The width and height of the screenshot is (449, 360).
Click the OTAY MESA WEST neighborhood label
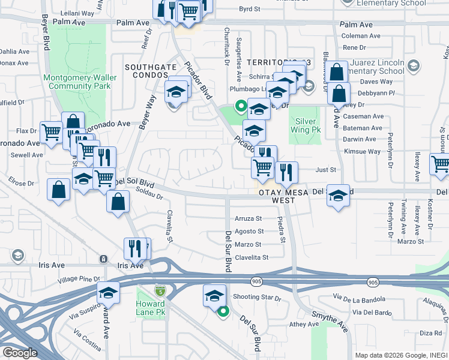(277, 196)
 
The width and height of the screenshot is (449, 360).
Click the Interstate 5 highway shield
(158, 290)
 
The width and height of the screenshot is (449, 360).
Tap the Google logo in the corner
(20, 353)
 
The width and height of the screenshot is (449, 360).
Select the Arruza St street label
(249, 218)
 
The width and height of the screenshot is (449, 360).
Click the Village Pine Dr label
(79, 280)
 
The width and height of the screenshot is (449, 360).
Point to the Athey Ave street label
(305, 324)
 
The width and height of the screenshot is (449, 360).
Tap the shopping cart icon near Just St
(262, 167)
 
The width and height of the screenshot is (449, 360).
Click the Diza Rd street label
(430, 332)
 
